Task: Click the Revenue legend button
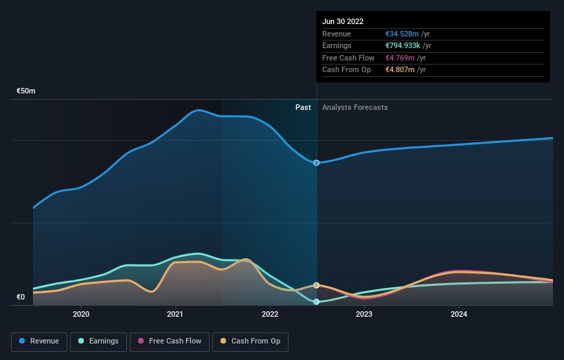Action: click(x=40, y=341)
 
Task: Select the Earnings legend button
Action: click(x=98, y=341)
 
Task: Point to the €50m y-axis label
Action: click(x=26, y=91)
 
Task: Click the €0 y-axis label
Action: click(x=21, y=297)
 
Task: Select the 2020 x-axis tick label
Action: click(x=81, y=314)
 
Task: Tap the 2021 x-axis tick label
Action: click(x=175, y=314)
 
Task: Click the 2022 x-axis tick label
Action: click(x=270, y=314)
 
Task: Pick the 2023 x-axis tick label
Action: click(x=364, y=314)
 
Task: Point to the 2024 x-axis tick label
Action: click(x=459, y=314)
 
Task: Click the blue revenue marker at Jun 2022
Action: click(x=317, y=163)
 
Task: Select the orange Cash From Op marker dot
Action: click(x=317, y=285)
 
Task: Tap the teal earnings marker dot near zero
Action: click(x=317, y=302)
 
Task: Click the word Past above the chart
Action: click(x=303, y=108)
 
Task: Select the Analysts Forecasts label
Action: click(x=354, y=108)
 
